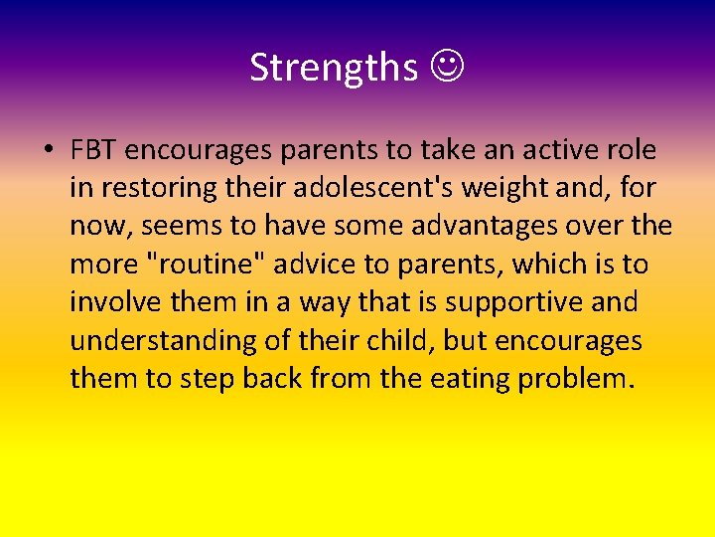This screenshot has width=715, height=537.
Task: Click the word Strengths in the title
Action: point(334,68)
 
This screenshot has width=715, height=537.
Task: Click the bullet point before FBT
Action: point(47,150)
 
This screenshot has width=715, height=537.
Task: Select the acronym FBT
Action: point(94,150)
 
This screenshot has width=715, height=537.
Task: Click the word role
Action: point(632,150)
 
